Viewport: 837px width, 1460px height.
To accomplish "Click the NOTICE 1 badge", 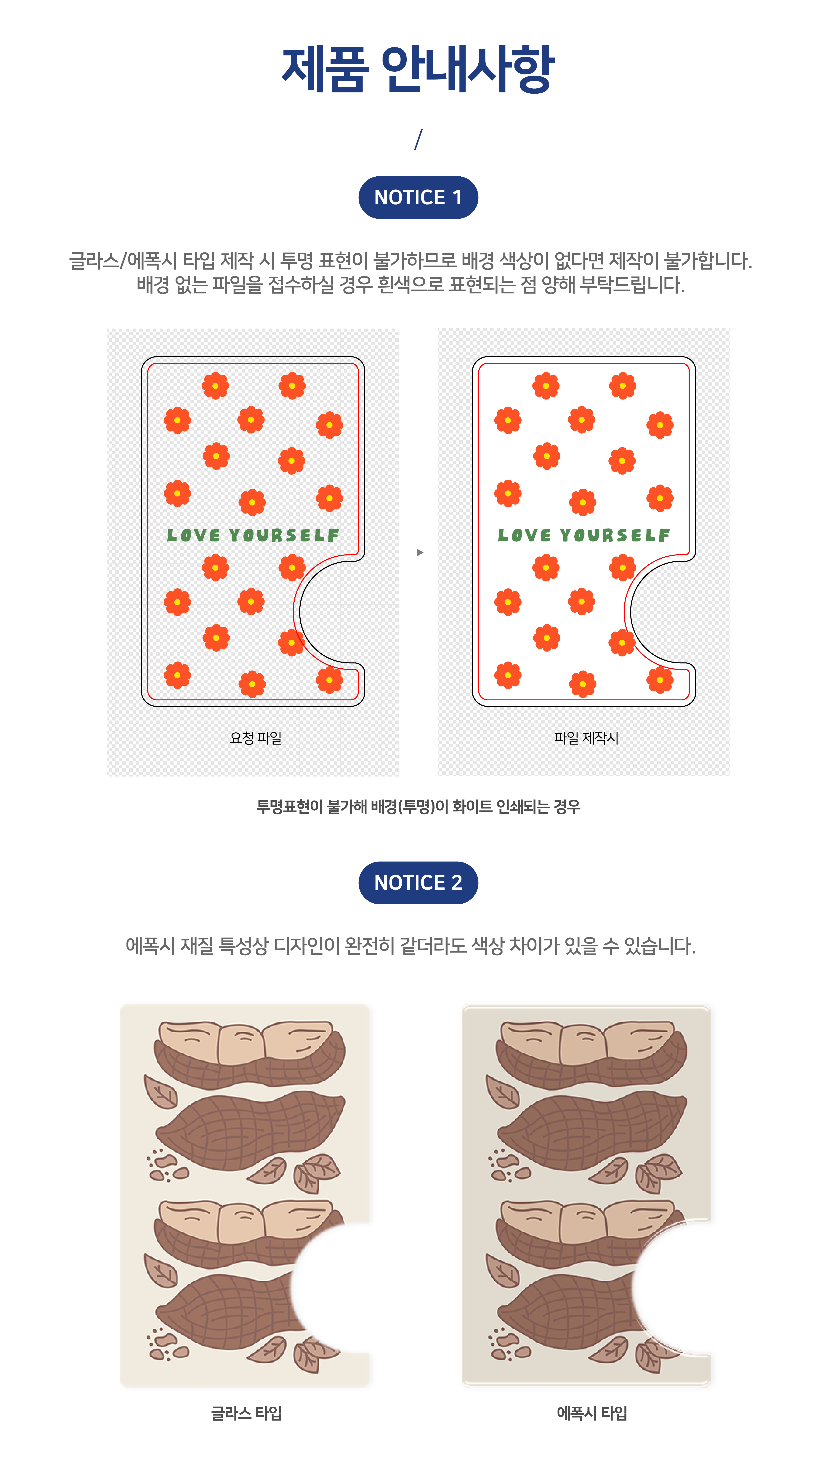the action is [418, 197].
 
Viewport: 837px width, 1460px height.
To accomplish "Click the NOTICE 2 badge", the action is [418, 883].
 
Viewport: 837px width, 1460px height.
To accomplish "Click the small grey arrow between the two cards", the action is [420, 553].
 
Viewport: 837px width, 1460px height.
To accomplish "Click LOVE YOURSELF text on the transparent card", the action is [253, 535].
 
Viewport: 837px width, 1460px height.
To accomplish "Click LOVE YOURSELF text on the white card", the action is [583, 535].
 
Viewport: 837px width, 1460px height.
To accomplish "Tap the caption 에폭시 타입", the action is [591, 1413].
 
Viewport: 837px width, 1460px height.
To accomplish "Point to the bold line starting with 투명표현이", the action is [418, 807].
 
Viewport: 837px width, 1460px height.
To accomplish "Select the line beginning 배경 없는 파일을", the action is [411, 285].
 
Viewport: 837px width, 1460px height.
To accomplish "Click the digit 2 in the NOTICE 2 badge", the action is [456, 883].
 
